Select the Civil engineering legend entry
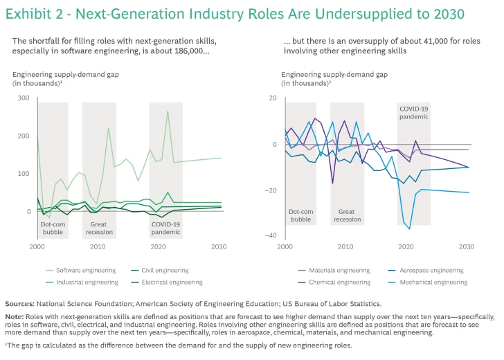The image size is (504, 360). click(x=154, y=270)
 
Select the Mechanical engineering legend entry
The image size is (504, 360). click(x=431, y=282)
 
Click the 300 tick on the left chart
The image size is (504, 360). click(x=24, y=98)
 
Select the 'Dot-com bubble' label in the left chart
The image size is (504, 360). click(x=52, y=228)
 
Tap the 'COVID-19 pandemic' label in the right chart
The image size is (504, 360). click(x=413, y=112)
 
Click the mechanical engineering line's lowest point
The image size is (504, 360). click(x=409, y=229)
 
